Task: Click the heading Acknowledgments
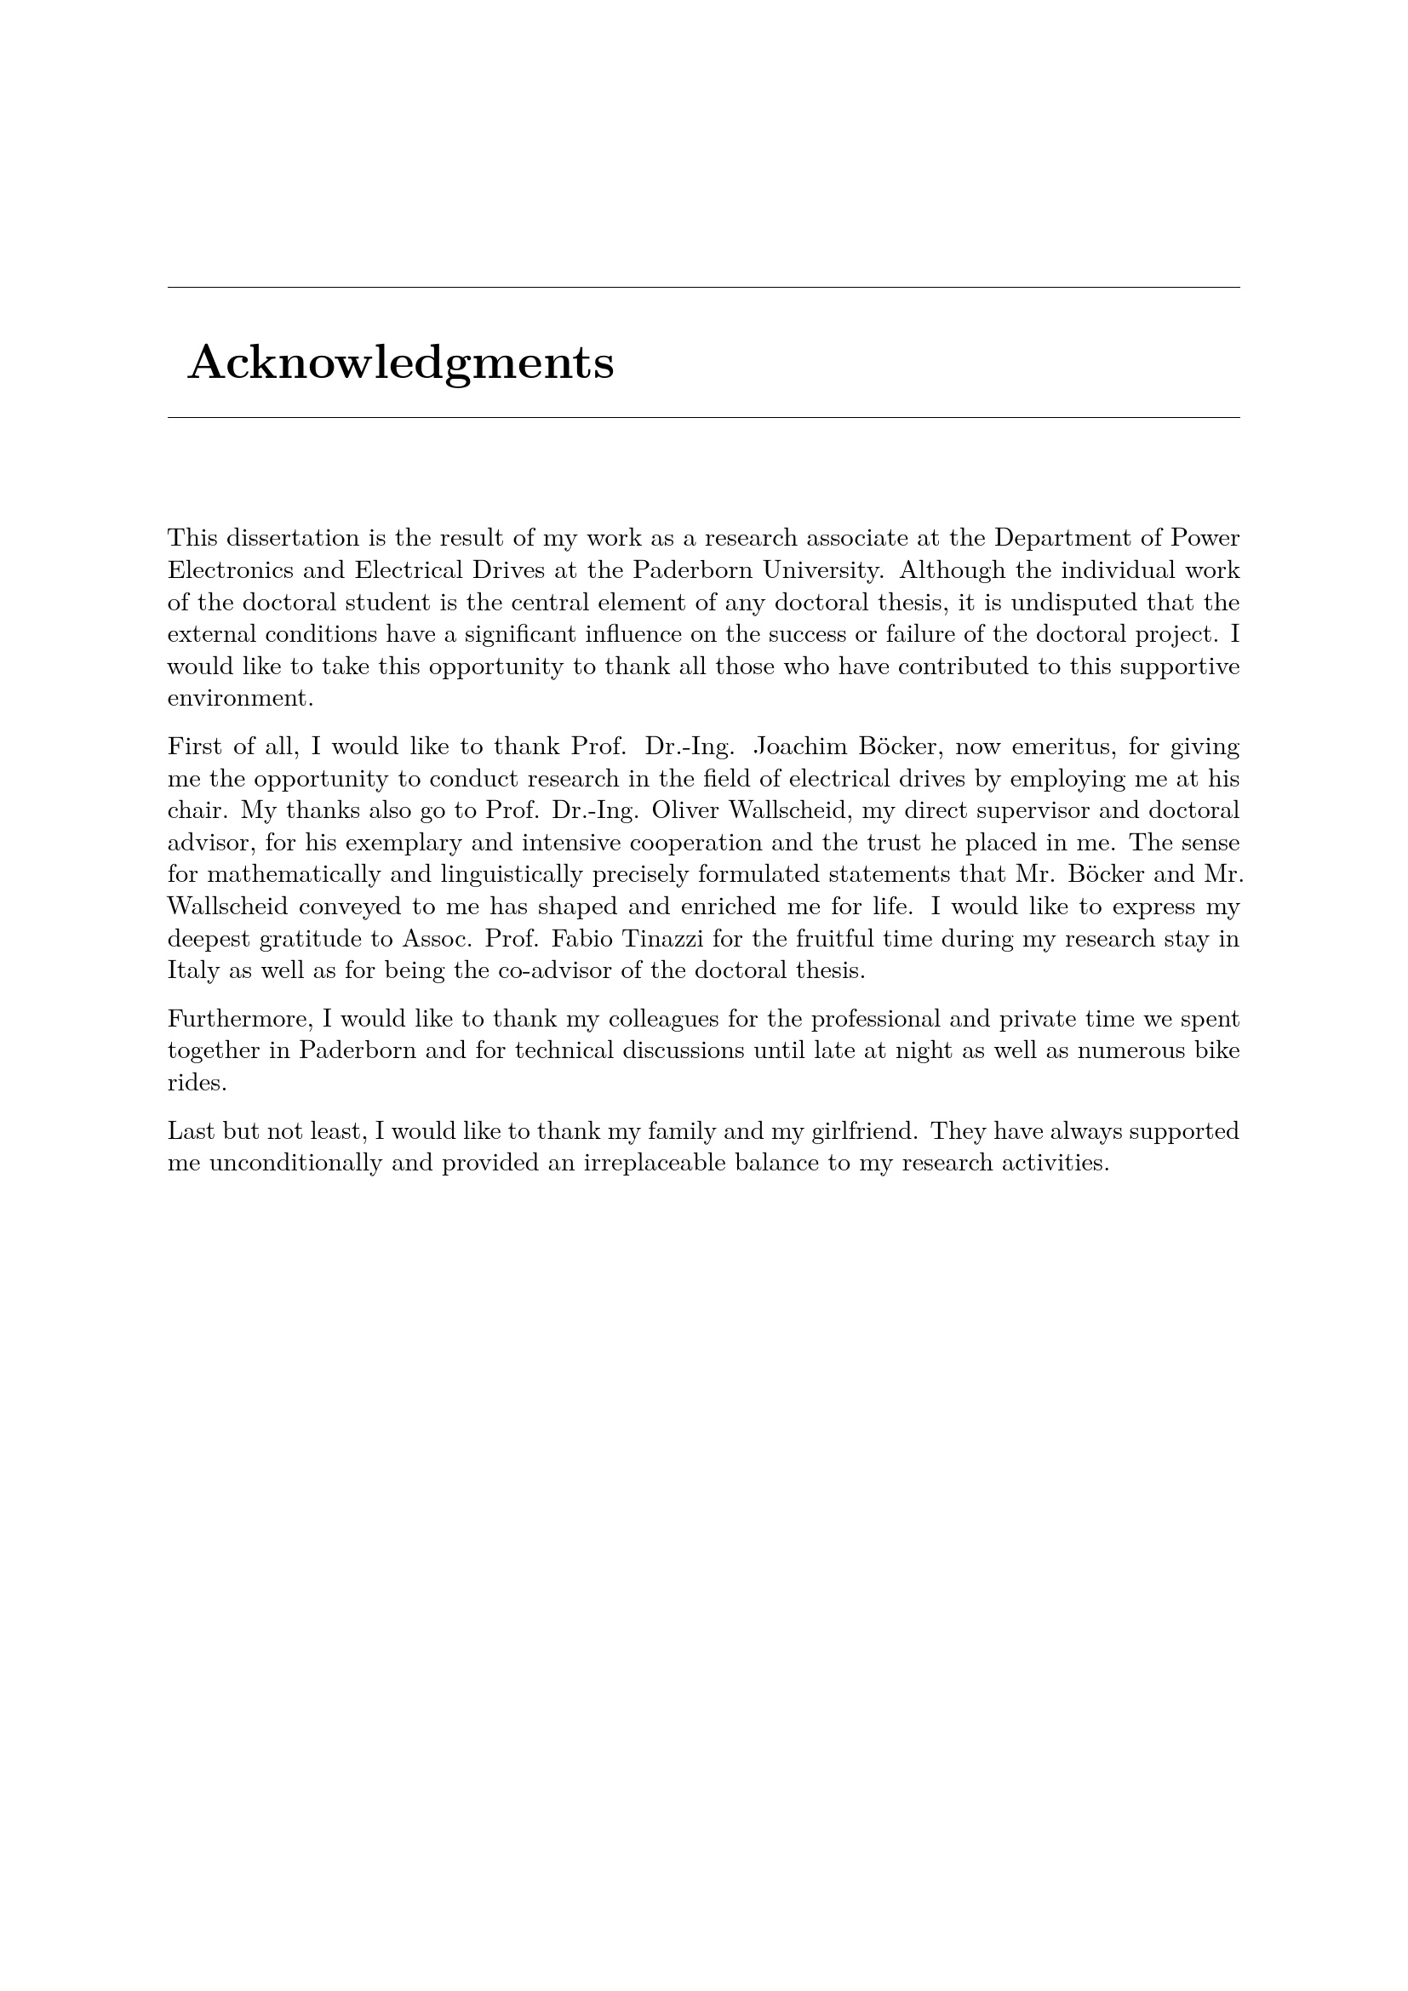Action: [401, 363]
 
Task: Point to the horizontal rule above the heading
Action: [703, 287]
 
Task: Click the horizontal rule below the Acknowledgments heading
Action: [703, 418]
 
